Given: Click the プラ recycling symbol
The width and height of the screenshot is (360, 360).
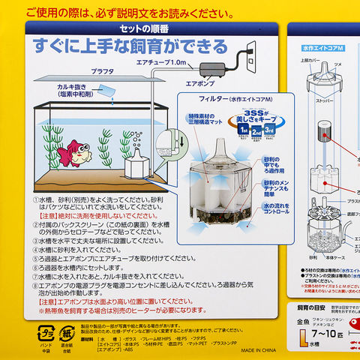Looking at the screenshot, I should (x=46, y=331).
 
